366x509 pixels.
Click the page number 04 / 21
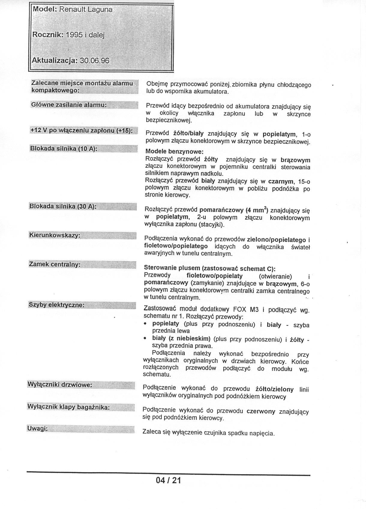click(168, 489)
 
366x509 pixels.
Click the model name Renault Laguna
click(85, 10)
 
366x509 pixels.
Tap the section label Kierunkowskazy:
click(54, 235)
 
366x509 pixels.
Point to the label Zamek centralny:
click(55, 265)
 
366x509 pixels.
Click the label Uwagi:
click(37, 428)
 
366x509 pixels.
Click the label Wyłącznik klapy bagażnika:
click(68, 407)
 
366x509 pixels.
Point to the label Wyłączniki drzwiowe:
click(59, 385)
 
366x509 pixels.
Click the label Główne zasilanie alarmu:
click(69, 105)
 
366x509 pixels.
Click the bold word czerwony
click(261, 411)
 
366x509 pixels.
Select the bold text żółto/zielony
click(274, 389)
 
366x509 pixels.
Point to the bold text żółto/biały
click(188, 133)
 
